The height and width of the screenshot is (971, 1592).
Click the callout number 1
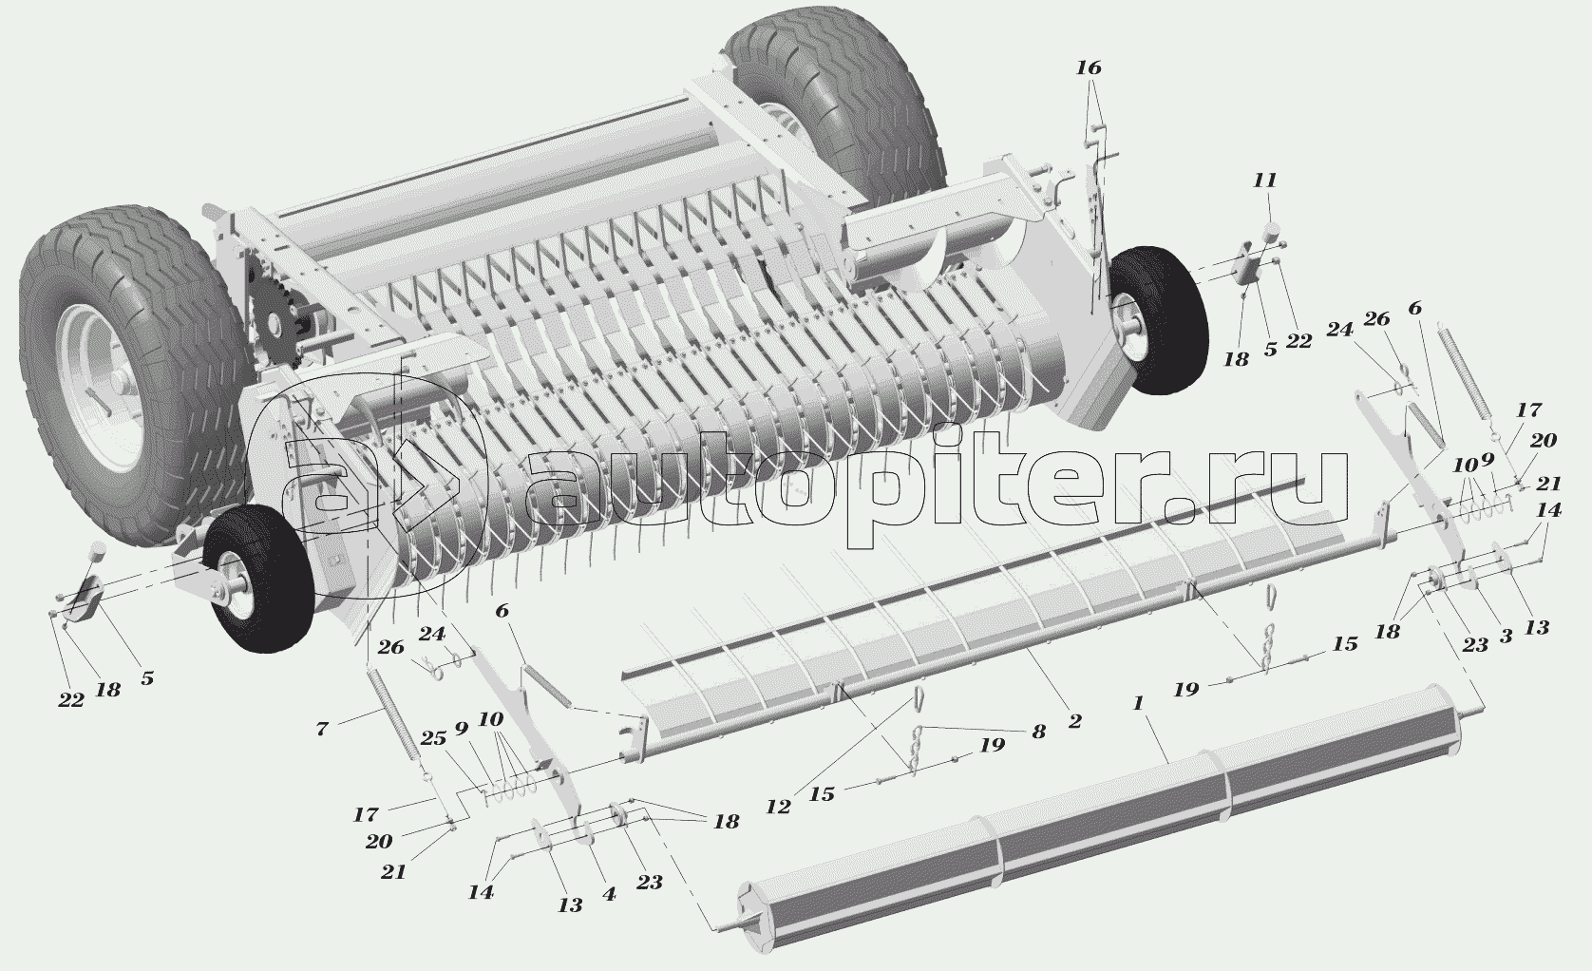pyautogui.click(x=1138, y=704)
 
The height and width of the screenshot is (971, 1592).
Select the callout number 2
pyautogui.click(x=1074, y=721)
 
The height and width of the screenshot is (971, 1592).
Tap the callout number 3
pyautogui.click(x=1506, y=638)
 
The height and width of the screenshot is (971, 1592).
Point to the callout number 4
pyautogui.click(x=609, y=894)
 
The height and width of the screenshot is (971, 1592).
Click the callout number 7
pyautogui.click(x=322, y=730)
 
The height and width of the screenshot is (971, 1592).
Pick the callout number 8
pyautogui.click(x=1037, y=732)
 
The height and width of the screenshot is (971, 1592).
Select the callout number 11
pyautogui.click(x=1264, y=181)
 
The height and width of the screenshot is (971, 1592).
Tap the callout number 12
pyautogui.click(x=779, y=807)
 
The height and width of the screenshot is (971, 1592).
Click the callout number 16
pyautogui.click(x=1089, y=67)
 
